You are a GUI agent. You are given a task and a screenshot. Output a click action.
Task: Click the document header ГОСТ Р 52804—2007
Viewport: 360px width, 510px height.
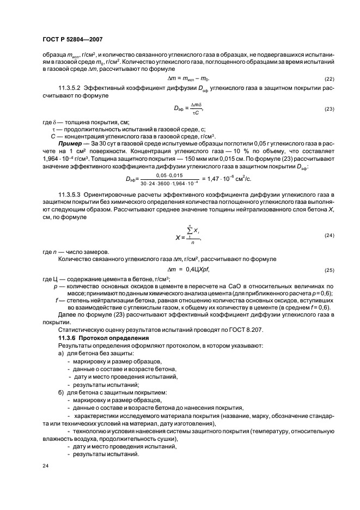point(72,39)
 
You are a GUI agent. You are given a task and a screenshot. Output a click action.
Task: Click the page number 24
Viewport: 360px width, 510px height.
point(46,466)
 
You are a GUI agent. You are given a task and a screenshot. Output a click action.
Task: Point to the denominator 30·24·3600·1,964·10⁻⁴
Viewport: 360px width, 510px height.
point(170,183)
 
